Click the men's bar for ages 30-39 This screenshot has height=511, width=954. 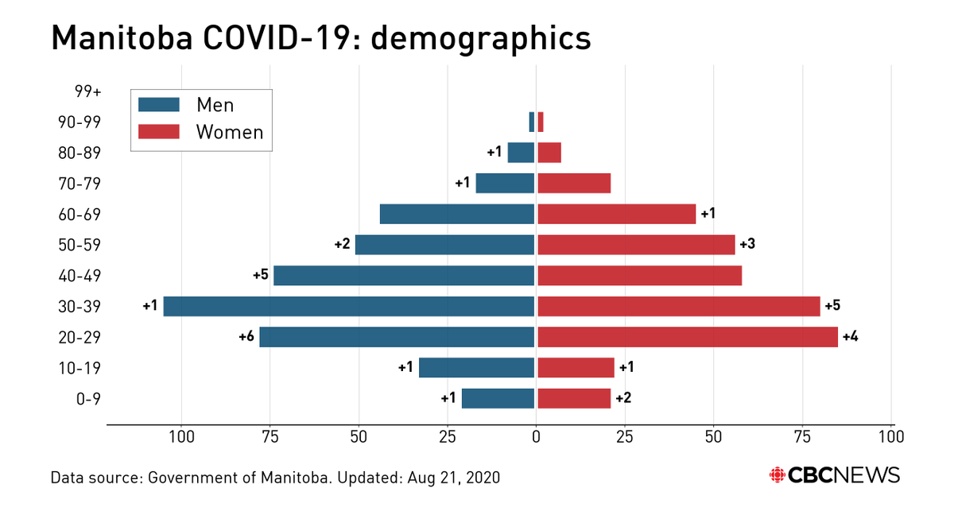pyautogui.click(x=348, y=307)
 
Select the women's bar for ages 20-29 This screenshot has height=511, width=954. pyautogui.click(x=688, y=337)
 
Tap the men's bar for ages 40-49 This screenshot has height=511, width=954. pyautogui.click(x=403, y=276)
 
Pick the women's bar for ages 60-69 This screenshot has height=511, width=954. pyautogui.click(x=616, y=214)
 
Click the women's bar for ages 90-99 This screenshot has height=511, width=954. pyautogui.click(x=541, y=122)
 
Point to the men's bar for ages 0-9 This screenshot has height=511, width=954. pyautogui.click(x=498, y=398)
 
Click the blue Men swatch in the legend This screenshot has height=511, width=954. pyautogui.click(x=158, y=105)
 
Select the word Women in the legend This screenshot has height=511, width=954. pyautogui.click(x=230, y=132)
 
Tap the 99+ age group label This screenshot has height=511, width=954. pyautogui.click(x=88, y=91)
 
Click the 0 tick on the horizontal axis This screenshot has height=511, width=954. pyautogui.click(x=536, y=436)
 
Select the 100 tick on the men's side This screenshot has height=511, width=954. pyautogui.click(x=181, y=436)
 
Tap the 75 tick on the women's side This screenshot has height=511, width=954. pyautogui.click(x=802, y=436)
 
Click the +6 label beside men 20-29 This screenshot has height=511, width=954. pyautogui.click(x=246, y=337)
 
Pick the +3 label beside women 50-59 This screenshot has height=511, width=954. pyautogui.click(x=747, y=245)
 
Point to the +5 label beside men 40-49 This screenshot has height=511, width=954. pyautogui.click(x=261, y=276)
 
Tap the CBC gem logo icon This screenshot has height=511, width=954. pyautogui.click(x=776, y=475)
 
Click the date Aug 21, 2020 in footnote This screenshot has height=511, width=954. pyautogui.click(x=452, y=478)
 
